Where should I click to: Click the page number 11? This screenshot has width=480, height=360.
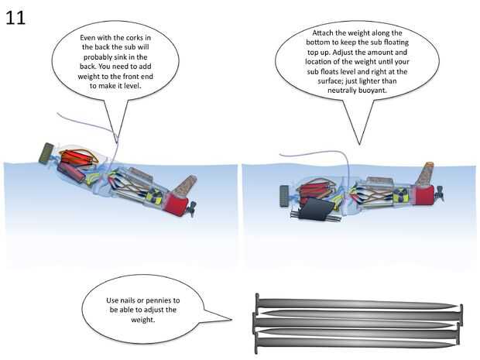[x=15, y=18]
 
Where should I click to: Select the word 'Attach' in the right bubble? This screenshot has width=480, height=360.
[x=321, y=33]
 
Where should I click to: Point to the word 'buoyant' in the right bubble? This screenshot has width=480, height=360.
[x=372, y=91]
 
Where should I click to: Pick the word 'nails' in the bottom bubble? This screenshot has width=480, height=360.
[x=128, y=300]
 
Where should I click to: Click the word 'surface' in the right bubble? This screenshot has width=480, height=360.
[x=328, y=81]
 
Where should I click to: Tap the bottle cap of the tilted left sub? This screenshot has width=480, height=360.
[x=46, y=153]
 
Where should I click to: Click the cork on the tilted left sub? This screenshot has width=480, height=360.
[x=186, y=184]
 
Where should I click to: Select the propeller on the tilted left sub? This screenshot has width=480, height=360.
[x=192, y=209]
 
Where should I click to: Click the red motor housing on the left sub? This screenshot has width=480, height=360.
[x=176, y=205]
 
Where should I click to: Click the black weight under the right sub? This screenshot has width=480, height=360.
[x=316, y=209]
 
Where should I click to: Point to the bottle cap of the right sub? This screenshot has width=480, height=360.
[x=284, y=197]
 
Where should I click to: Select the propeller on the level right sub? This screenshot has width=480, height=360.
[x=440, y=193]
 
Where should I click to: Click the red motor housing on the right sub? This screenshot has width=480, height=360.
[x=423, y=194]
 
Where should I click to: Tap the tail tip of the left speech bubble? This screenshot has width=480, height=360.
[x=117, y=143]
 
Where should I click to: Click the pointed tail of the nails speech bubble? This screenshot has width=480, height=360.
[x=231, y=320]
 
